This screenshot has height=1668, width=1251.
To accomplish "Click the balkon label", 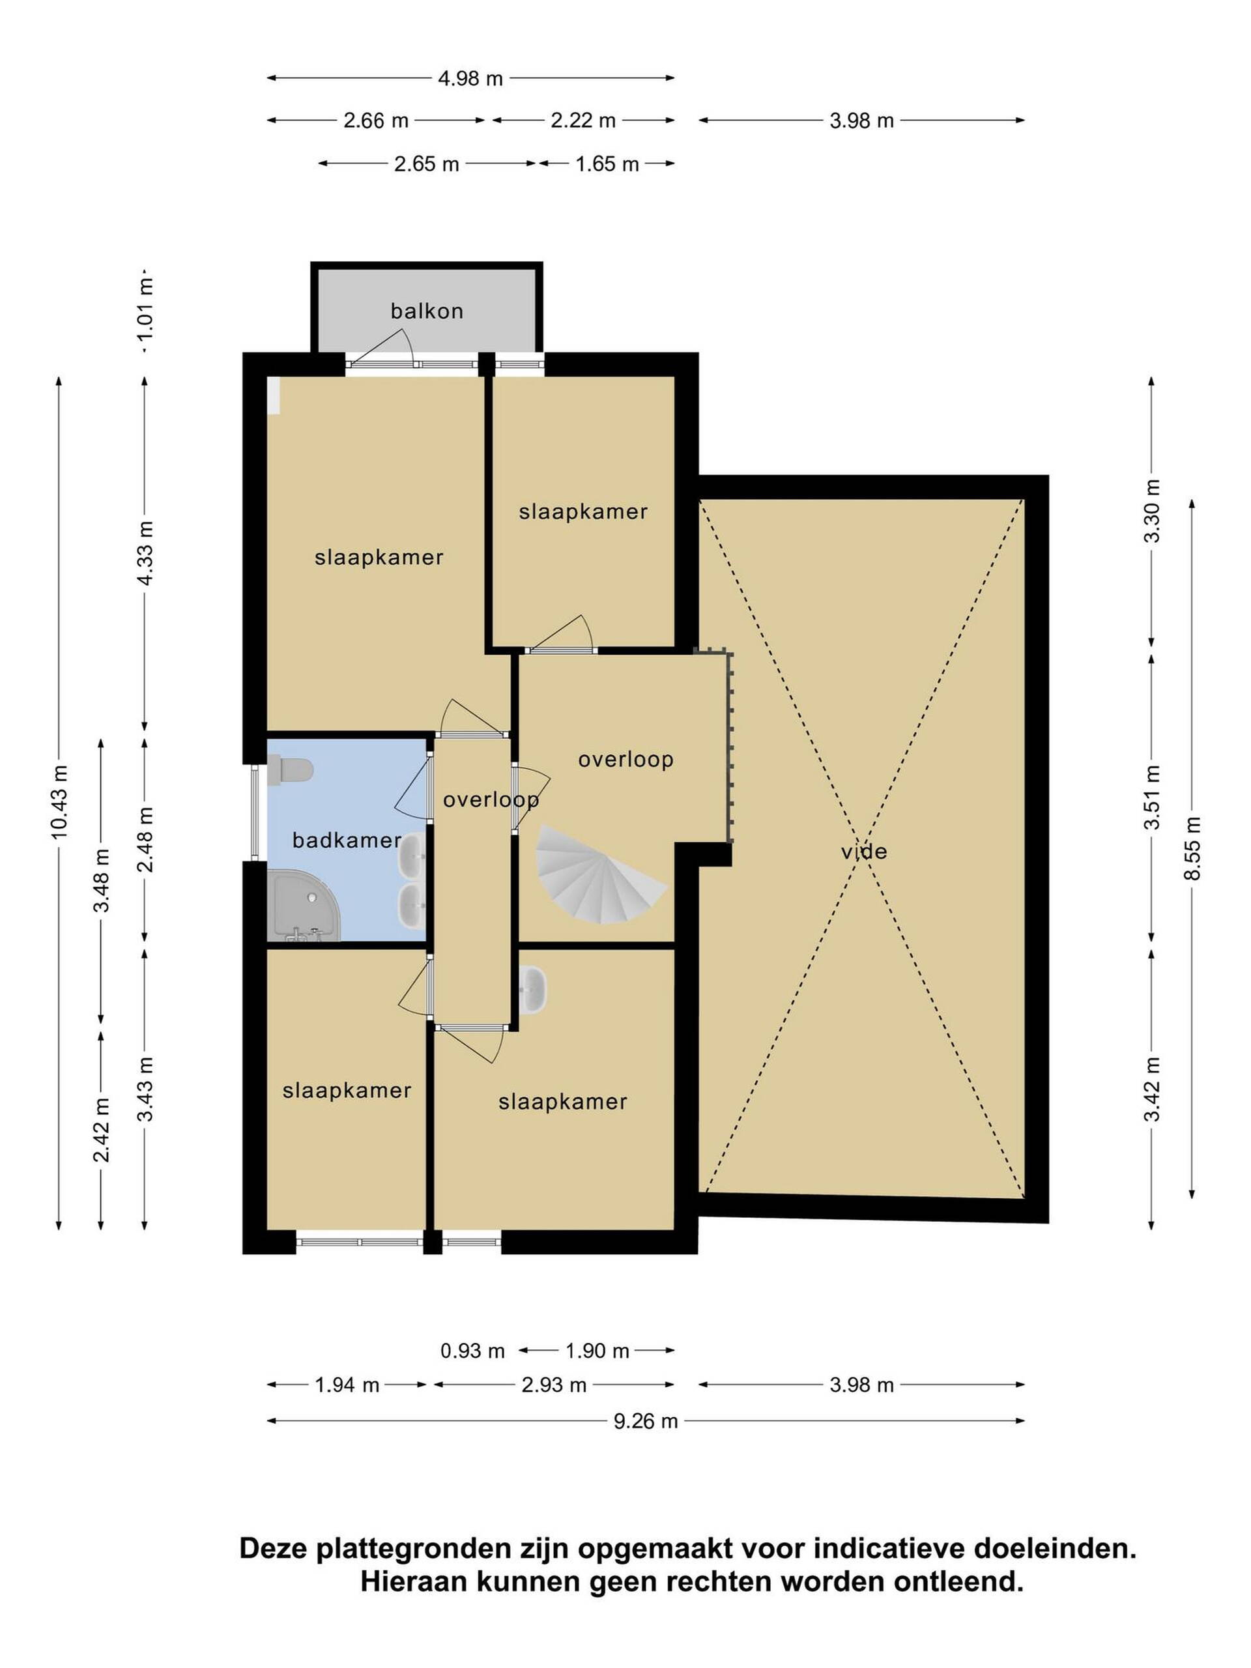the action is click(426, 310).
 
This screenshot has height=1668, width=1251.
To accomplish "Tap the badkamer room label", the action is click(346, 839).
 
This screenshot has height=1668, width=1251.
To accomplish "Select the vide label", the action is click(863, 852).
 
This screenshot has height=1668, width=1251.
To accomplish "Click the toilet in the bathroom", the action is click(291, 771).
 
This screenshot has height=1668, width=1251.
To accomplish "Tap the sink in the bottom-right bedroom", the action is click(532, 989).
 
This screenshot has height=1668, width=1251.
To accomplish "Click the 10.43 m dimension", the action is click(59, 801).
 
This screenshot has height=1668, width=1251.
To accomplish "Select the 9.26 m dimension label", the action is click(646, 1420).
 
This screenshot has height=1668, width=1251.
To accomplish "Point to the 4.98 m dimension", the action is click(470, 78).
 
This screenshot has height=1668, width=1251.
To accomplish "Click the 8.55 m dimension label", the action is click(1192, 848).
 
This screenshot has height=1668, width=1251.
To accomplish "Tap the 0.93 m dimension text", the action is click(472, 1351).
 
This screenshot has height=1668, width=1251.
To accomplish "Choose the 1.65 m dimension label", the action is click(607, 164).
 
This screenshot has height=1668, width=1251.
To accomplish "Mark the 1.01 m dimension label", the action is click(145, 308).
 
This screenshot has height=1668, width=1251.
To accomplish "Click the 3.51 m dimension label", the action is click(1151, 797).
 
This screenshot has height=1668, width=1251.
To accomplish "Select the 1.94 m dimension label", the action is click(346, 1385).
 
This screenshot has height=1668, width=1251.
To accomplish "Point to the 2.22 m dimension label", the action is click(583, 121).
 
